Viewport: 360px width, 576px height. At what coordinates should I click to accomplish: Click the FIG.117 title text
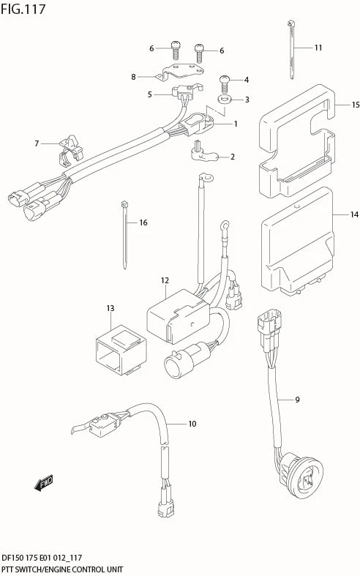pyautogui.click(x=23, y=10)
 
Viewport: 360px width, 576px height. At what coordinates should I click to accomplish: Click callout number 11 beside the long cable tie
pyautogui.click(x=318, y=48)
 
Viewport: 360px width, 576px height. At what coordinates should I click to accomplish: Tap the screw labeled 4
pyautogui.click(x=224, y=84)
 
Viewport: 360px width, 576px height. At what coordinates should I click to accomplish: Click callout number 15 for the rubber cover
pyautogui.click(x=355, y=105)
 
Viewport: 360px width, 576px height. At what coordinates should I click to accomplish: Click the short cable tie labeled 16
pyautogui.click(x=124, y=235)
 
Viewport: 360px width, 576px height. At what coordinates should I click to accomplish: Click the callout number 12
pyautogui.click(x=165, y=280)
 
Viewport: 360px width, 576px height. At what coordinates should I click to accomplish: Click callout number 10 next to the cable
pyautogui.click(x=192, y=424)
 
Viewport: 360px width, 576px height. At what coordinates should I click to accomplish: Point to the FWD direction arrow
pyautogui.click(x=44, y=483)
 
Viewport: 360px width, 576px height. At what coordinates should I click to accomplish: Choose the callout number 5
pyautogui.click(x=149, y=94)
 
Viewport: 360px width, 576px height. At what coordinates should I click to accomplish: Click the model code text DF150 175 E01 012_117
pyautogui.click(x=42, y=558)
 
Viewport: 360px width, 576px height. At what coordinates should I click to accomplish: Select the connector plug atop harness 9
pyautogui.click(x=269, y=321)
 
